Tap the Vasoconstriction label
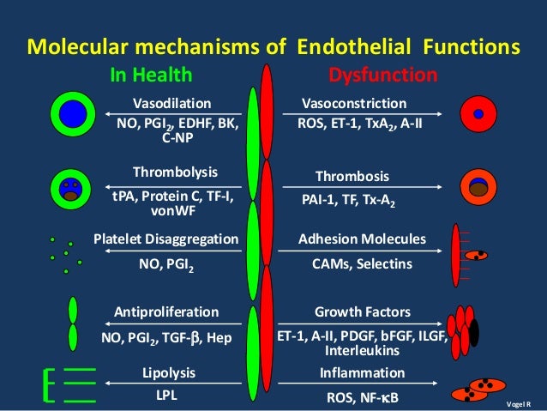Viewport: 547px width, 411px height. [352, 103]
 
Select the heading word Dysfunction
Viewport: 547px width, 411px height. [383, 76]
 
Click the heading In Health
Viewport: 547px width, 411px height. [152, 76]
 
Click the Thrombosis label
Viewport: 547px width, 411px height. [352, 177]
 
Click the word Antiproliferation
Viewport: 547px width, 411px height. [166, 311]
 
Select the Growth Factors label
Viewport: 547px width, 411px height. [362, 311]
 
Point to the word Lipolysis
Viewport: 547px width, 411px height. [168, 372]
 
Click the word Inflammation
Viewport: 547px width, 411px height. [362, 372]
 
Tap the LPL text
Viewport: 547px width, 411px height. [167, 397]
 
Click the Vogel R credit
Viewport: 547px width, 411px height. [520, 403]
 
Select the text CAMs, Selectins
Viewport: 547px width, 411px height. [361, 265]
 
